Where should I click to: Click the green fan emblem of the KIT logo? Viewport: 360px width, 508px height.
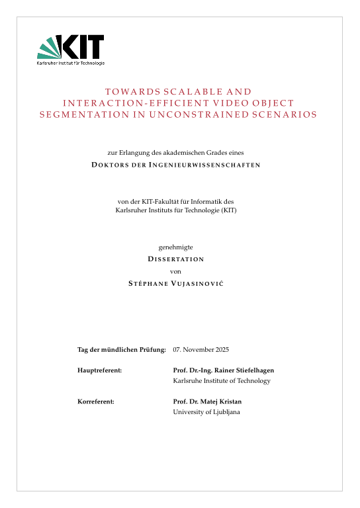[x=49, y=48]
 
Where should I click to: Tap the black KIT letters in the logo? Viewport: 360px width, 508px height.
[x=82, y=47]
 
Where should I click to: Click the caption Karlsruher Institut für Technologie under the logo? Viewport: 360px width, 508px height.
[x=71, y=63]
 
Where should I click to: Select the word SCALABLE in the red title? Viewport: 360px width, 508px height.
[x=179, y=92]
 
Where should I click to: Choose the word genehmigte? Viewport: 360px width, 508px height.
[x=175, y=247]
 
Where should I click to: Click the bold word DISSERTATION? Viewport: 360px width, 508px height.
[x=175, y=259]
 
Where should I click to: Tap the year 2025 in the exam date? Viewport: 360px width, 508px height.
[x=221, y=349]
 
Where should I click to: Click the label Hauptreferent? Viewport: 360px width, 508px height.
[x=100, y=370]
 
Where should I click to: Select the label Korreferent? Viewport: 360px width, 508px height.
[x=97, y=402]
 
